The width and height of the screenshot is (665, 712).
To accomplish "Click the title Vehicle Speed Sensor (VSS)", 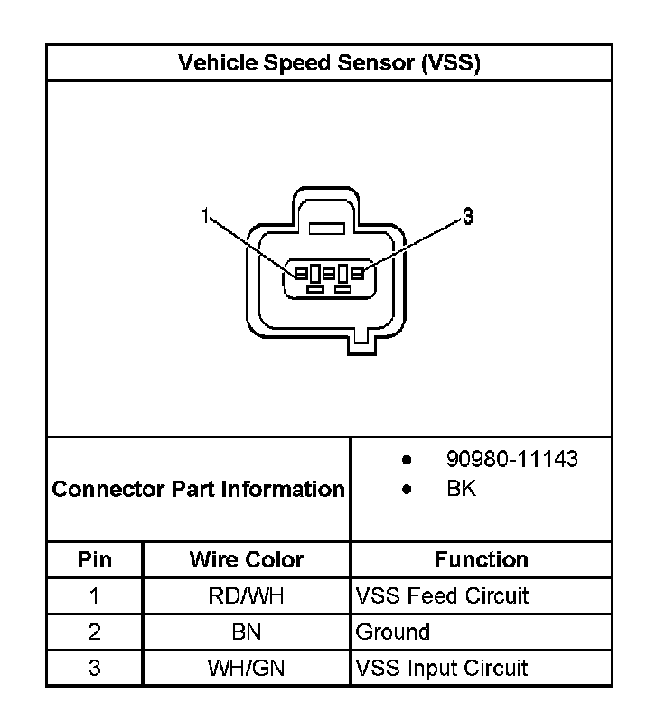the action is [329, 62].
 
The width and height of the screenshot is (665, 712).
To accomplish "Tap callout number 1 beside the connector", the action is [206, 215].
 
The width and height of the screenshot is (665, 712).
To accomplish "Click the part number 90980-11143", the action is [511, 459].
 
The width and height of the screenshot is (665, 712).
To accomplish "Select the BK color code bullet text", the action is [461, 489].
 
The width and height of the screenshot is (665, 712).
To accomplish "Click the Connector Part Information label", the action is [199, 489].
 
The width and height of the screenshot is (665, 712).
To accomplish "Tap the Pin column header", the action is [95, 559].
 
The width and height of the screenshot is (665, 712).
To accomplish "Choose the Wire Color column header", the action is [247, 559].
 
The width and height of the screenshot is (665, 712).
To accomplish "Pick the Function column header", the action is [481, 559].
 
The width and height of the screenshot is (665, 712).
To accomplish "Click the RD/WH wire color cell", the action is [247, 595].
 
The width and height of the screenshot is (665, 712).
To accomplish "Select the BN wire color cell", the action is [247, 632].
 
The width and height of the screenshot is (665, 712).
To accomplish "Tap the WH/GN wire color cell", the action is [247, 668].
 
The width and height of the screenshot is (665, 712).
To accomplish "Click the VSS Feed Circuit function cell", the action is [442, 595].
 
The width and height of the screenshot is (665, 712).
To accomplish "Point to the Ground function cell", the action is [393, 632].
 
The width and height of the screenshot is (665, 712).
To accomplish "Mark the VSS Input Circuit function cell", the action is [442, 668].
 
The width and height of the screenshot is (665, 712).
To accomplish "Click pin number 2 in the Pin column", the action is [95, 632].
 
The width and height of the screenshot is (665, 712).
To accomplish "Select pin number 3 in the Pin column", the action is [95, 668].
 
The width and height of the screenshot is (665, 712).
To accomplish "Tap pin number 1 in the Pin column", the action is [95, 595].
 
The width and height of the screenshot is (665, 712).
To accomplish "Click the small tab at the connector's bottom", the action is [361, 338].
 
